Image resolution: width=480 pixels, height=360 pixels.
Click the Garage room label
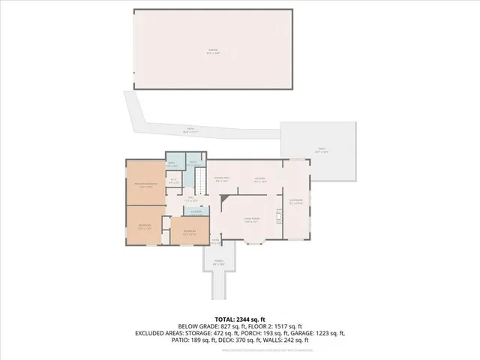click(212, 51)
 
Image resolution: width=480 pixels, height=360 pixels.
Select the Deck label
click(321, 150)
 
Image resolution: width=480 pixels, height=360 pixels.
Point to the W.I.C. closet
click(173, 180)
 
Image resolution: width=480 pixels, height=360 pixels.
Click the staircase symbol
click(200, 180)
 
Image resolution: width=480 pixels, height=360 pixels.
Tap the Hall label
click(192, 199)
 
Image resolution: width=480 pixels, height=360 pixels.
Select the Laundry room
click(195, 213)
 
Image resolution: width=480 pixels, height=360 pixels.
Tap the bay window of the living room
click(253, 242)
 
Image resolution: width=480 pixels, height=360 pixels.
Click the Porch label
click(219, 263)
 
